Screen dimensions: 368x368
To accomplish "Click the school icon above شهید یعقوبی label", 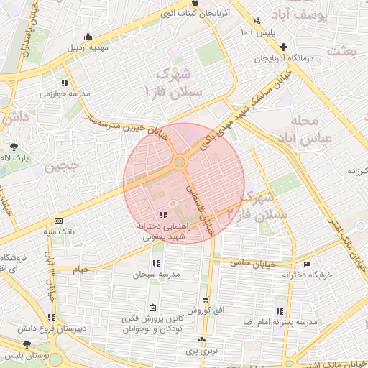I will (x=164, y=214).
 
